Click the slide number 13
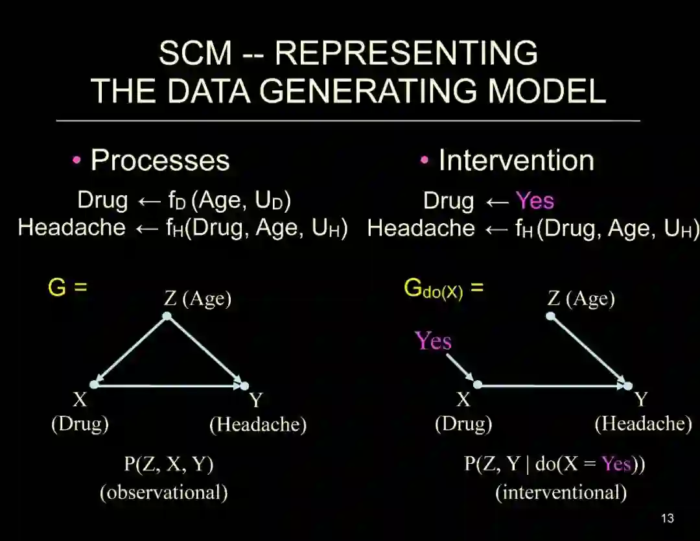(x=667, y=518)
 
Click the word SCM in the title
(x=194, y=53)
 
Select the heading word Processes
(x=160, y=160)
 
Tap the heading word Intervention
(x=516, y=160)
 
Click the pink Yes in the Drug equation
(x=535, y=200)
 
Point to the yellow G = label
(x=67, y=287)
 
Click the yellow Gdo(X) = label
(x=443, y=289)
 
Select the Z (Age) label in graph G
(x=198, y=298)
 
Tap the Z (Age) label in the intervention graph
(x=581, y=298)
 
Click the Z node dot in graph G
(x=167, y=316)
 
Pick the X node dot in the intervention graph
(x=478, y=385)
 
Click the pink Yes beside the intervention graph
(x=433, y=341)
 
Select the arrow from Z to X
(x=131, y=350)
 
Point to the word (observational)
(x=163, y=492)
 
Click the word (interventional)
(x=561, y=492)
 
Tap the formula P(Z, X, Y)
(x=169, y=464)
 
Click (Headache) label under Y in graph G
(x=258, y=424)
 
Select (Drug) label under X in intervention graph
(x=463, y=424)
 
